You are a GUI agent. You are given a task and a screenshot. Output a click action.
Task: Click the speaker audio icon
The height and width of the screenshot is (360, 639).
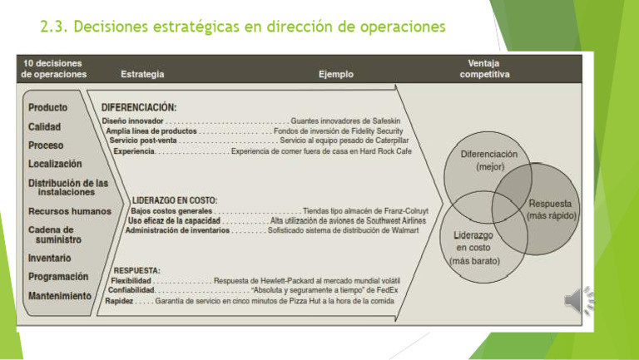(x=579, y=300)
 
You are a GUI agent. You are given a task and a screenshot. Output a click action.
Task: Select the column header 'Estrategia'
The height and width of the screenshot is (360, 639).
(x=142, y=74)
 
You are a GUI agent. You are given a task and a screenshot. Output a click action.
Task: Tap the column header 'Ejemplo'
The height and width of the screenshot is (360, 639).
(x=336, y=74)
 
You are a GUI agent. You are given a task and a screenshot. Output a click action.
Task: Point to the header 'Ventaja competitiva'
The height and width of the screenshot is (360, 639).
(x=484, y=69)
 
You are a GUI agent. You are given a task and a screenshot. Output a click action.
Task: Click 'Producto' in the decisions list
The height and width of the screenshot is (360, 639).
(x=47, y=107)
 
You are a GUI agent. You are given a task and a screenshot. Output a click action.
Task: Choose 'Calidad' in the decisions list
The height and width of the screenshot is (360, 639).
(x=44, y=126)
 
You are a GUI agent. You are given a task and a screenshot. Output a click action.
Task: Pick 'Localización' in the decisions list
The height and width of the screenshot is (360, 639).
(x=55, y=164)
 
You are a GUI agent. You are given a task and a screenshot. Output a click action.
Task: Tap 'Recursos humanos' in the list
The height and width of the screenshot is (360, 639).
(x=70, y=211)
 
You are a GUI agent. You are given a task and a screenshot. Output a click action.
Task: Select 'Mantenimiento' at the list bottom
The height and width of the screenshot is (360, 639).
(x=60, y=296)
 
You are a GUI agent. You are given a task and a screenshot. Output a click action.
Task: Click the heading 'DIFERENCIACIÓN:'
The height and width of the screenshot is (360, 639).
(x=139, y=107)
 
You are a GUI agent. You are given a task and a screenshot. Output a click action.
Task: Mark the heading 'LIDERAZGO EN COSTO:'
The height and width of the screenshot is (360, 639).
(x=175, y=200)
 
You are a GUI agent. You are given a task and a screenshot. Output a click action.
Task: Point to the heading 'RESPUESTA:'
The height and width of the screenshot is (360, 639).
(x=136, y=270)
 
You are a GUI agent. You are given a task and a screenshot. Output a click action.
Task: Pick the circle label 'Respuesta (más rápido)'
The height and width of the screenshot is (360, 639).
(x=551, y=210)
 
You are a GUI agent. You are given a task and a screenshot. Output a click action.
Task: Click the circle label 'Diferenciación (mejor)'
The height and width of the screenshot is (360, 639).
(x=489, y=160)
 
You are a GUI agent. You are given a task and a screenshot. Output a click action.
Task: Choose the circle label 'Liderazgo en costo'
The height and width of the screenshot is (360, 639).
(x=474, y=248)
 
